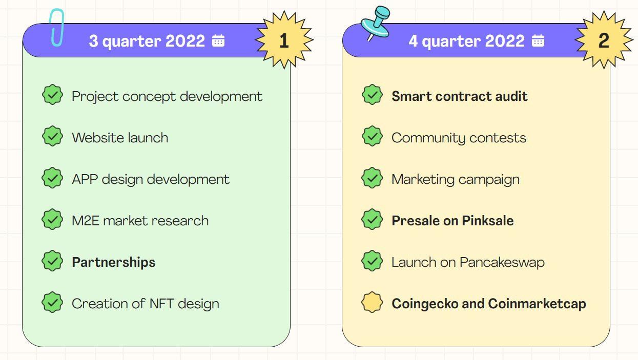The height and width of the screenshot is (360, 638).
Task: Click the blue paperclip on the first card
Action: tap(52, 29)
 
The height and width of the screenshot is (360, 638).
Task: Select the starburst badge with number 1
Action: tap(284, 40)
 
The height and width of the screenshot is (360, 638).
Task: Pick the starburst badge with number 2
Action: tap(604, 40)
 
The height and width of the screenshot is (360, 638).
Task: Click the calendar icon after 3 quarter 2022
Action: tap(218, 40)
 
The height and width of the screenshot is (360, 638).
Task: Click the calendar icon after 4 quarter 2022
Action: tap(538, 40)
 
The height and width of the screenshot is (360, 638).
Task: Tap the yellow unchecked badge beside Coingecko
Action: tap(372, 302)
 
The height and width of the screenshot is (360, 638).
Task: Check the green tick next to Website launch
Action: tap(52, 136)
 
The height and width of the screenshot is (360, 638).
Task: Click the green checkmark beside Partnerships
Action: tap(52, 261)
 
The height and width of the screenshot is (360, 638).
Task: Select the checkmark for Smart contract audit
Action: tap(372, 95)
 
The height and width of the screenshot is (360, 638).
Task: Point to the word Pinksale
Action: tap(488, 221)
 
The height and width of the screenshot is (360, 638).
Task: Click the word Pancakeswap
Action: tap(502, 262)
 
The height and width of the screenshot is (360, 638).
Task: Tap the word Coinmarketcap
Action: tap(537, 304)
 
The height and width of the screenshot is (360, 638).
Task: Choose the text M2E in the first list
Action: tap(86, 221)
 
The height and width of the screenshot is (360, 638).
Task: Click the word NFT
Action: tap(161, 304)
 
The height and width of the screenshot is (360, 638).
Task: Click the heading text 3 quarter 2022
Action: tap(147, 41)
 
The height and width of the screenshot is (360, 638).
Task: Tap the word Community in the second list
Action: tap(428, 139)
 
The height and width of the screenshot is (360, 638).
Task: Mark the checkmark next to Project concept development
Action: tap(52, 95)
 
